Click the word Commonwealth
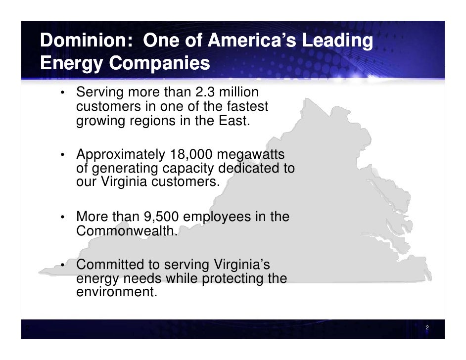126,230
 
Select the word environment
116,292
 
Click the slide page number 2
427,329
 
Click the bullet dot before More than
64,219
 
